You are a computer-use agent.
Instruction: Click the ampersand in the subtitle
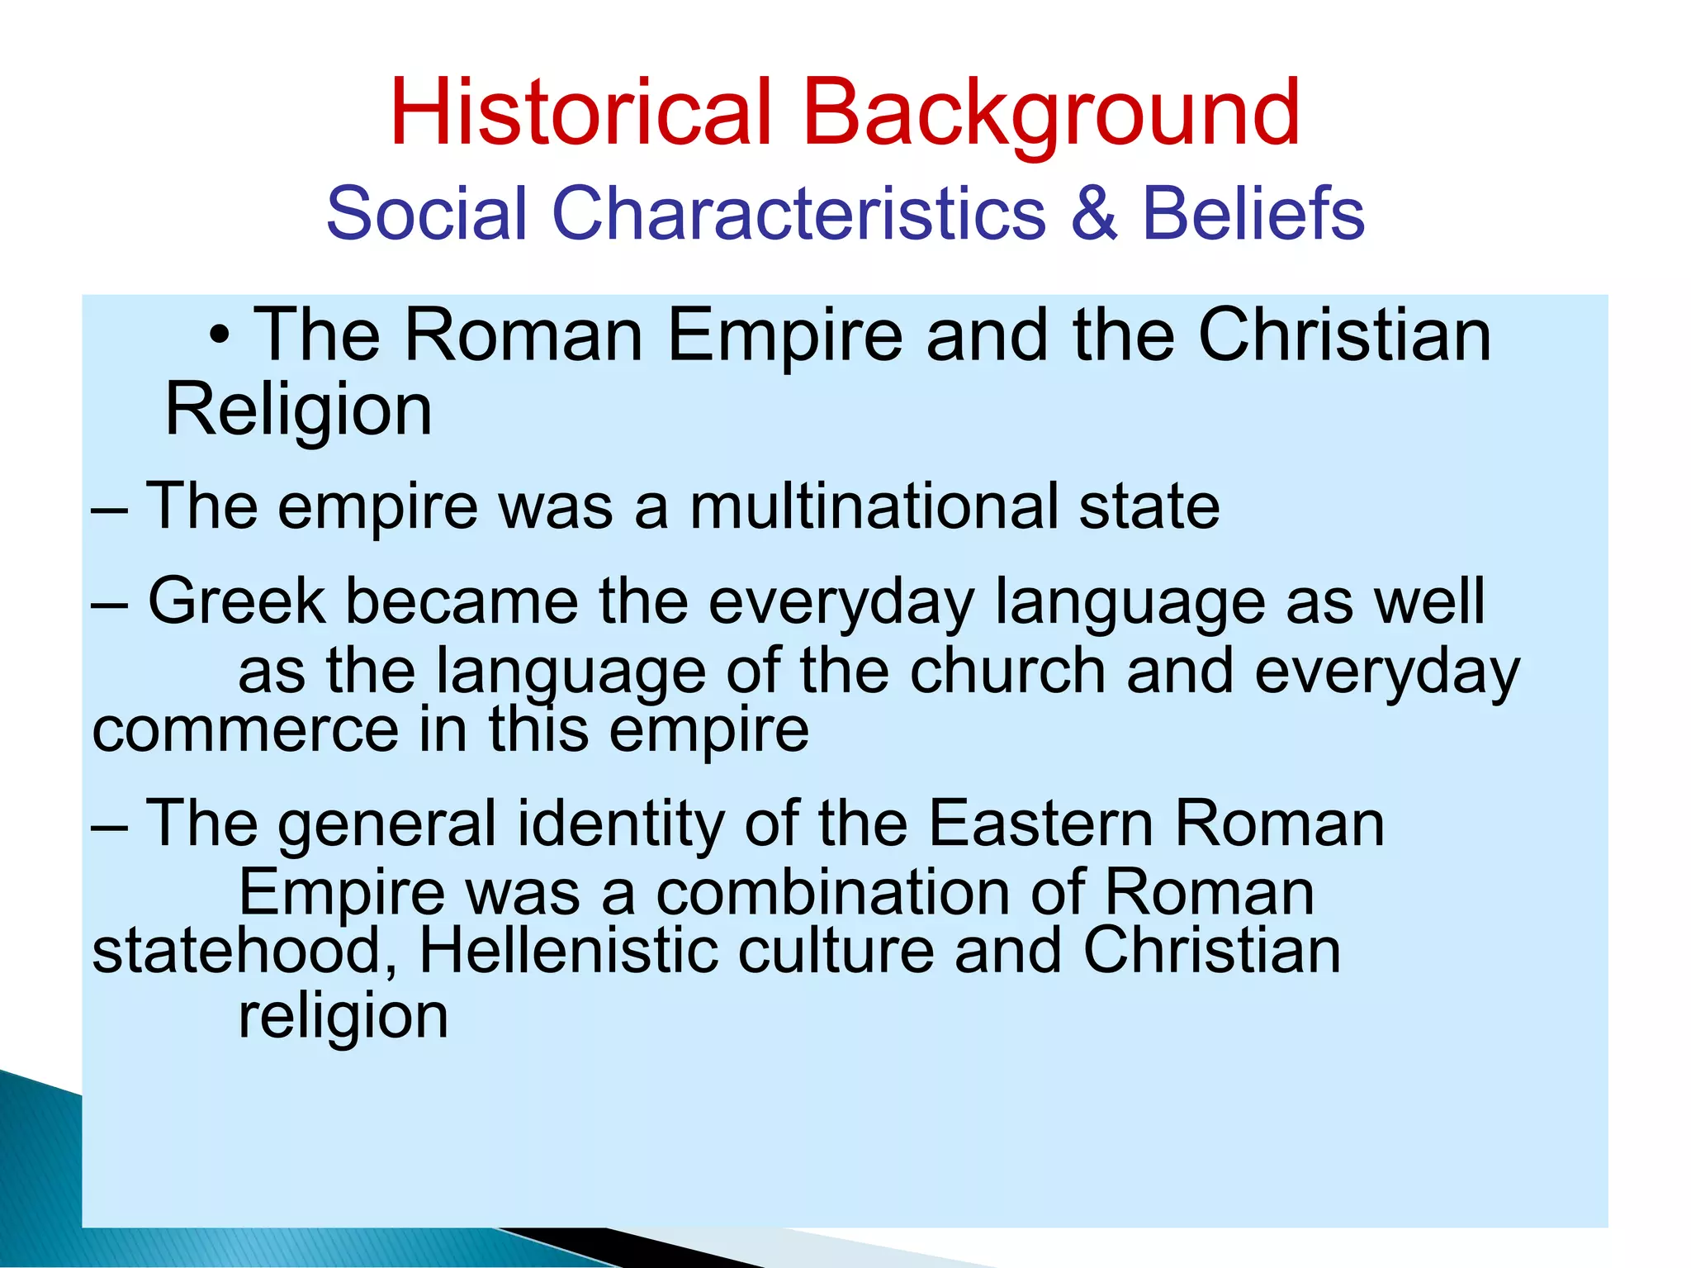pos(1093,213)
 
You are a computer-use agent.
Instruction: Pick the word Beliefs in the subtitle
pos(1253,213)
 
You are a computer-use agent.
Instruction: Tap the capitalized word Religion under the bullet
pos(298,410)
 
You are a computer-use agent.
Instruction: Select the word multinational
pos(874,506)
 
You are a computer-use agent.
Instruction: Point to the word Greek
pos(236,601)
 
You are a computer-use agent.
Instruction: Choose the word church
pos(1007,671)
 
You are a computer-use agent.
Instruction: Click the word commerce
pos(245,730)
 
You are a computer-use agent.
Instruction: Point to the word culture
pos(836,951)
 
